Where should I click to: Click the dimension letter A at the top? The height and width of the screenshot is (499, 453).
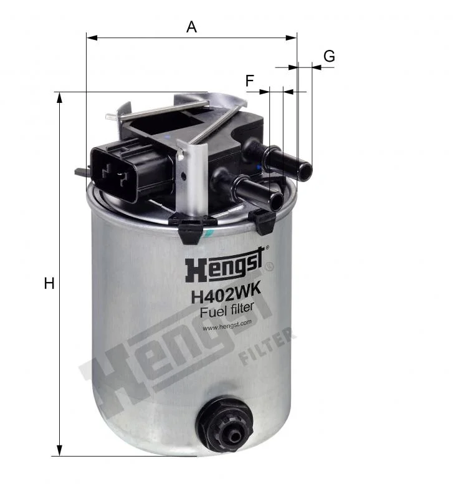coord(191,27)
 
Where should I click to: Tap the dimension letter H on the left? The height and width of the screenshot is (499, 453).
coord(49,283)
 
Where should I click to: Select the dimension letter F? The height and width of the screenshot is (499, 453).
coord(250,80)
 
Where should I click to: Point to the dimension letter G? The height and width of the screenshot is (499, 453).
coord(330,56)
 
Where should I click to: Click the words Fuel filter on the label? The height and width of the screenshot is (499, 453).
coord(227,309)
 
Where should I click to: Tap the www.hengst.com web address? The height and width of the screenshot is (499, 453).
coord(227,326)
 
